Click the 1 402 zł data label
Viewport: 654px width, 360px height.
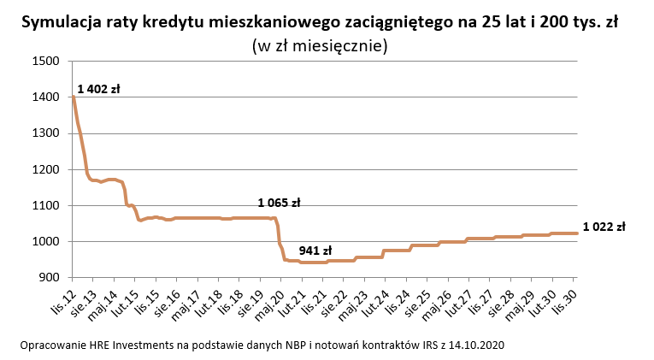click(x=98, y=89)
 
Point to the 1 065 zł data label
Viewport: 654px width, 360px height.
click(x=279, y=204)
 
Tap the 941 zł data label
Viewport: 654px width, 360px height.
click(x=315, y=251)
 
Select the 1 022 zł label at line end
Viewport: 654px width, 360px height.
click(x=604, y=227)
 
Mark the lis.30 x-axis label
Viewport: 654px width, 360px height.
click(x=565, y=297)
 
